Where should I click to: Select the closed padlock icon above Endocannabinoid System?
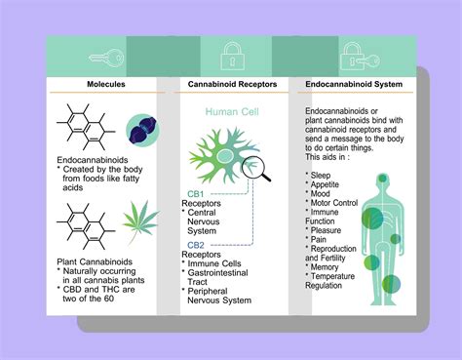[352, 58]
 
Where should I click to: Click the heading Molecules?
[103, 85]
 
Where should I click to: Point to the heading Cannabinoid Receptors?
[231, 85]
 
